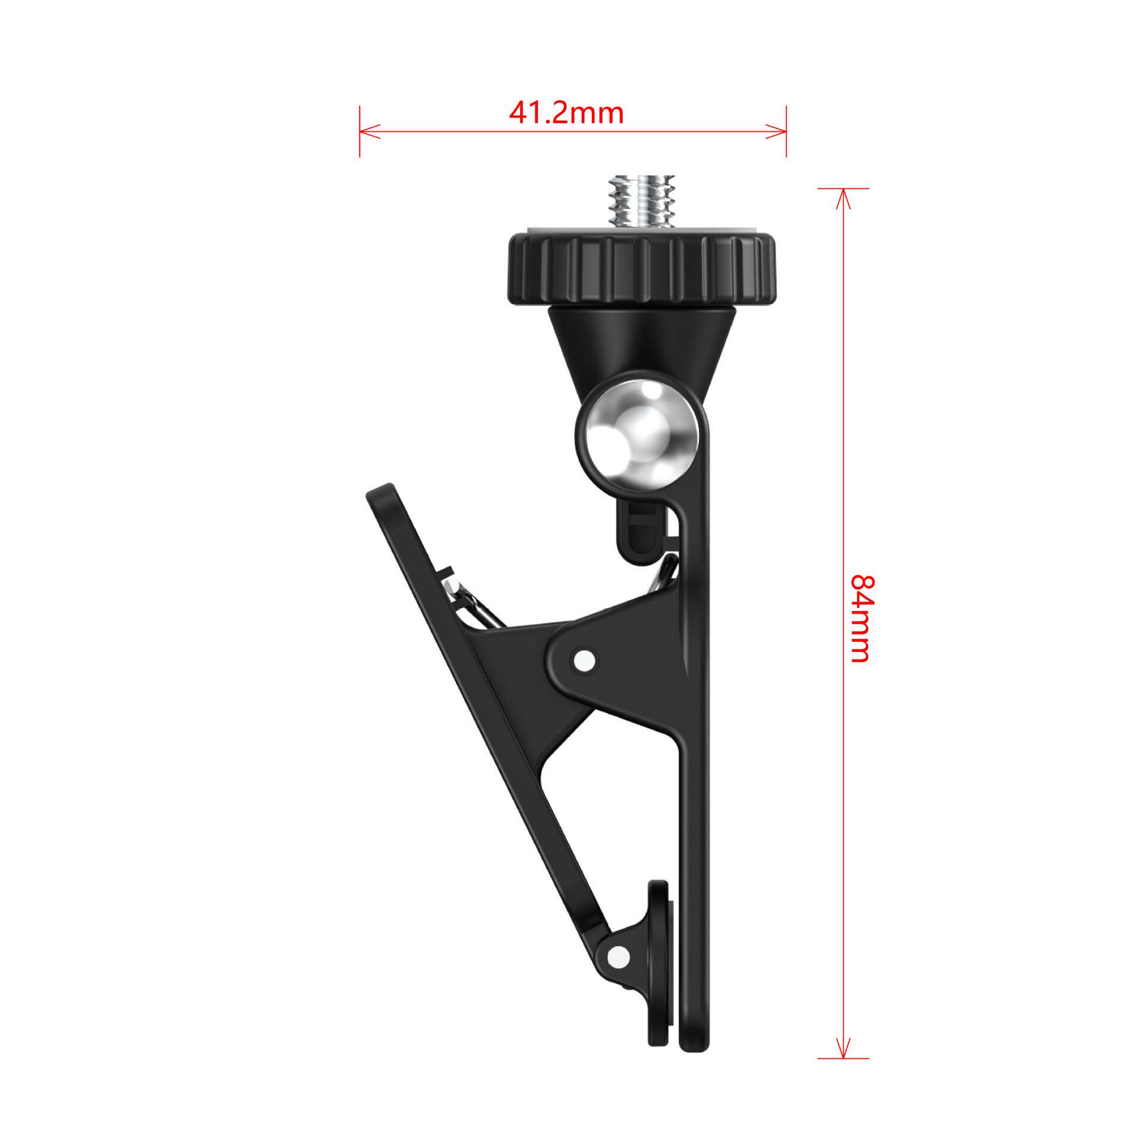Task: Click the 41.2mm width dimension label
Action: (566, 112)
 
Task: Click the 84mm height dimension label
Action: (860, 619)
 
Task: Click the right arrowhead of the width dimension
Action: (776, 131)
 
